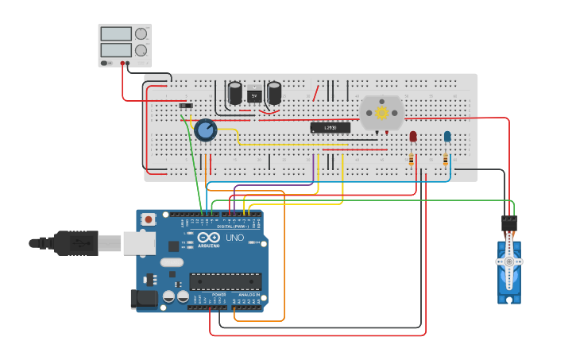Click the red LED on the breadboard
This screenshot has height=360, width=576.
pos(412,137)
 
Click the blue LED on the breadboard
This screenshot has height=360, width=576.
pos(447,137)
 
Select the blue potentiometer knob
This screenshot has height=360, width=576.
pos(206,130)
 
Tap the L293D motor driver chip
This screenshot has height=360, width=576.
pos(330,127)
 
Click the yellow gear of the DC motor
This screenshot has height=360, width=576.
pos(382,113)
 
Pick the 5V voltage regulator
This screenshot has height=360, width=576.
pos(254,95)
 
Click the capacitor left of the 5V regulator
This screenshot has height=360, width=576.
pos(235,93)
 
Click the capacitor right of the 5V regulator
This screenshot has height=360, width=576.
pos(274,93)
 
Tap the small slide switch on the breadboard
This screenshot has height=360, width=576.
pos(186,106)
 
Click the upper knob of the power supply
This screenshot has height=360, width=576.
pos(141,34)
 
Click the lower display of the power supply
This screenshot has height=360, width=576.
pos(116,50)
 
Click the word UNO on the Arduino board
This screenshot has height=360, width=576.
pos(235,238)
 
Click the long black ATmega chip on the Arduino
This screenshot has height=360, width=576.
pos(225,281)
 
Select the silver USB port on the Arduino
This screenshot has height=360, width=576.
pos(138,242)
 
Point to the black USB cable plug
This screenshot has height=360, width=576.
pos(75,242)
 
